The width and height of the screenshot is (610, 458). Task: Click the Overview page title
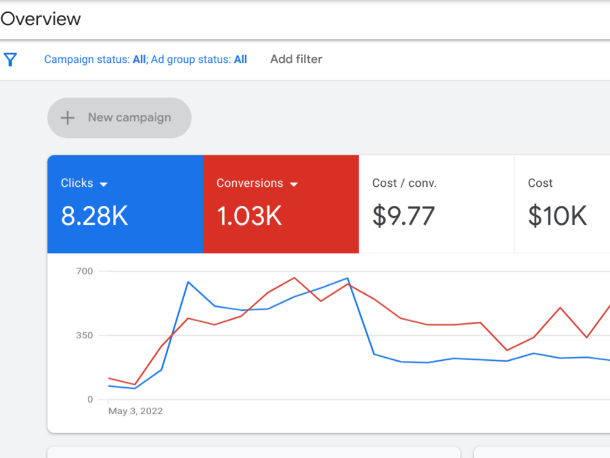[40, 19]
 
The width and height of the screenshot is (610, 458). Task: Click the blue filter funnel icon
[10, 60]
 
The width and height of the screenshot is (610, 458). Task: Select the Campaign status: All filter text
[95, 59]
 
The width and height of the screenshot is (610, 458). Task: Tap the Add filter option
[296, 59]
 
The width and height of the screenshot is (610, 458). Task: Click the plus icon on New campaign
[68, 118]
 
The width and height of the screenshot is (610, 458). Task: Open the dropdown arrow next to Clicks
[104, 184]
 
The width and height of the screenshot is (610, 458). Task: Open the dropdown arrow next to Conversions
[294, 184]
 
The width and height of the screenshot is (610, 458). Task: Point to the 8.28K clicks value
[95, 216]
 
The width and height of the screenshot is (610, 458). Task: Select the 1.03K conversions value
[249, 216]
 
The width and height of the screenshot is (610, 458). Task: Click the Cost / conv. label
[404, 183]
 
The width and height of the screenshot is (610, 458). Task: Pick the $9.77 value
[403, 216]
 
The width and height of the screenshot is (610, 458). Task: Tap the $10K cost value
[557, 216]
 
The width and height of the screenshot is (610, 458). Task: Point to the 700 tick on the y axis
[84, 271]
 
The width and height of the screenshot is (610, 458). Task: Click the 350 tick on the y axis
[84, 335]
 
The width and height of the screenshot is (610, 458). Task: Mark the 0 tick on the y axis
[90, 399]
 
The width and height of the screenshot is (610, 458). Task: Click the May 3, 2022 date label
[135, 411]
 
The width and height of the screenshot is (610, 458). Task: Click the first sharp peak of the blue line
[188, 282]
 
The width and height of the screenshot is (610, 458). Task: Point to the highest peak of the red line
[294, 278]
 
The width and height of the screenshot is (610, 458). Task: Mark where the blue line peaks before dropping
[348, 278]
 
